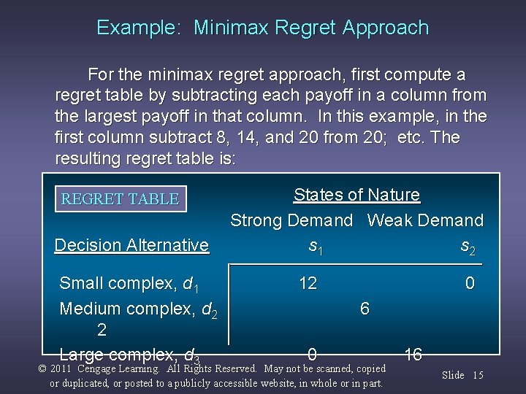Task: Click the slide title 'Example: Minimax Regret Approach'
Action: (262, 28)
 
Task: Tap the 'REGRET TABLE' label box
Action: (121, 199)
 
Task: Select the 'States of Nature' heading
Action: (357, 195)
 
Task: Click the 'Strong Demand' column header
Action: (291, 220)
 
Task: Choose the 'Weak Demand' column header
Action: (425, 220)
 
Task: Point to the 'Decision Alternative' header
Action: (131, 245)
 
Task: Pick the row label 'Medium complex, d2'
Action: (137, 309)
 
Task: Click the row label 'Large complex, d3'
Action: (129, 355)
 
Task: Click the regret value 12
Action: (308, 283)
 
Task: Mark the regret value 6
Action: (365, 309)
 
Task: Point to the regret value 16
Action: (413, 355)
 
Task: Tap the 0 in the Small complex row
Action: (470, 283)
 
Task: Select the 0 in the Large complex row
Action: (312, 355)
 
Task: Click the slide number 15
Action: (478, 375)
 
